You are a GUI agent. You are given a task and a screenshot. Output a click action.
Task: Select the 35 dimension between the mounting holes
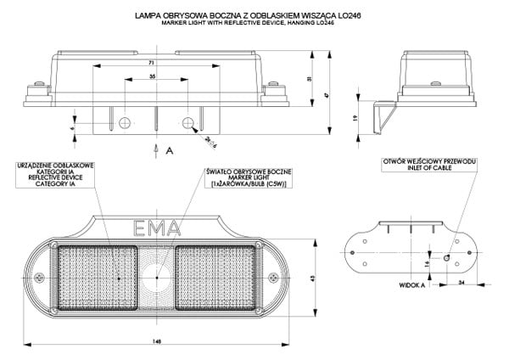[x=151, y=76]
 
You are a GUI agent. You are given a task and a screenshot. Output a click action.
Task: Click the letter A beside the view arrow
[x=170, y=149]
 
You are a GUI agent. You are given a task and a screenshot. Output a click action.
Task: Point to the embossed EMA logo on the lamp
[x=156, y=228]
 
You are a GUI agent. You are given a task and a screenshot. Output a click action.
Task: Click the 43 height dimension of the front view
[x=313, y=278]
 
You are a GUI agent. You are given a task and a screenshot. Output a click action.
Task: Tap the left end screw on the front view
[x=42, y=274]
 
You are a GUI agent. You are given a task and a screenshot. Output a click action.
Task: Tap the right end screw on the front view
[x=271, y=274]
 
